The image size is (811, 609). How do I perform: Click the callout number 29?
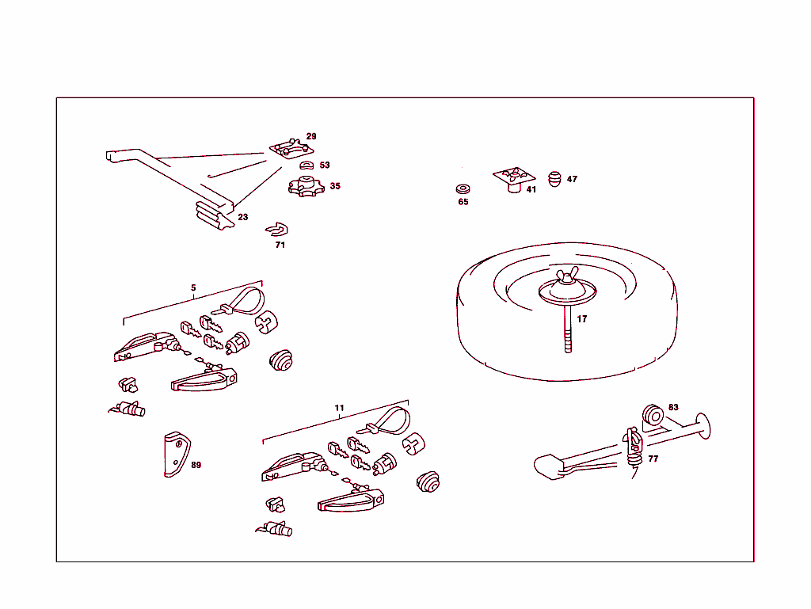click(x=311, y=136)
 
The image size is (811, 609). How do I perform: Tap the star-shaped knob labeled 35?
click(x=303, y=188)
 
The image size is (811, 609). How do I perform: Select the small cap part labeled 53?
click(x=306, y=165)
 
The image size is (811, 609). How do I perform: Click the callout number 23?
click(x=242, y=216)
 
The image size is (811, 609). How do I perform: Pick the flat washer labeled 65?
click(x=463, y=189)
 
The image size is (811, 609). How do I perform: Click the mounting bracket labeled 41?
click(x=514, y=177)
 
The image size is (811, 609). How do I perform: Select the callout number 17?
click(x=582, y=319)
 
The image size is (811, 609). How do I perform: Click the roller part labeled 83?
click(x=653, y=416)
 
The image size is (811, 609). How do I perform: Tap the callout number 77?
click(x=653, y=459)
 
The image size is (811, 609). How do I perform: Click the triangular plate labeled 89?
click(x=175, y=455)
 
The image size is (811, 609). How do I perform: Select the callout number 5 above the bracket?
click(x=193, y=287)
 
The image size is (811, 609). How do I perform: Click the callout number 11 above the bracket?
click(x=339, y=408)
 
